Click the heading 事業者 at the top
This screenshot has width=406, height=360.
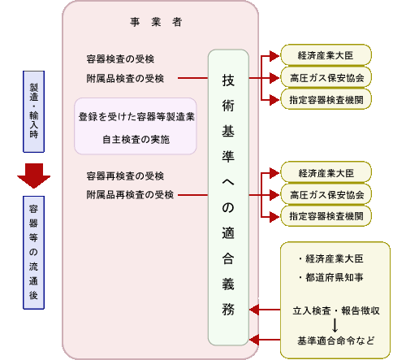coord(156,22)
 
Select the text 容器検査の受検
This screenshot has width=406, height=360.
coord(120,59)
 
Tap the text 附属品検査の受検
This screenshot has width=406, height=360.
coord(125,78)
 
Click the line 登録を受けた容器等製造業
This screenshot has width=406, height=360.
coord(136,117)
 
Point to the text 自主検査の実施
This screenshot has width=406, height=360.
coord(136,139)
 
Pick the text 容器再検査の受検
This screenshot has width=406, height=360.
coord(125,176)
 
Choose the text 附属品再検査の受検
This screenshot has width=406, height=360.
coord(130,194)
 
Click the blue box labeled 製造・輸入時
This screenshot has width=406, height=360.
coord(33,111)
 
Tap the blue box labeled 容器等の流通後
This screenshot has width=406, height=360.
coord(33,253)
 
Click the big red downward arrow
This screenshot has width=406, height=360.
coord(33,176)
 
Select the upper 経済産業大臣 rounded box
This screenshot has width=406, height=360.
coord(326,55)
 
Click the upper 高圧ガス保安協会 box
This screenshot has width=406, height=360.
coord(326,78)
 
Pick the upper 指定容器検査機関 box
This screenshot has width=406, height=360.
coord(326,99)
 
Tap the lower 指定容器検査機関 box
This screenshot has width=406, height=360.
coord(326,216)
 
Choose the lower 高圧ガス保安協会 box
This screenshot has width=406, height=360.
coord(326,194)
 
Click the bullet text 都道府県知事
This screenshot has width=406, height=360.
coord(331,277)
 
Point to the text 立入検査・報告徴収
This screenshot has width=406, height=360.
coord(336,310)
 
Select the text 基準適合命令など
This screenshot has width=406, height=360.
coord(336,340)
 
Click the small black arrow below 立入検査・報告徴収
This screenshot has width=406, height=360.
coord(335,325)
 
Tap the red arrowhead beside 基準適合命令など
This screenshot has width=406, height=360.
coord(254,340)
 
